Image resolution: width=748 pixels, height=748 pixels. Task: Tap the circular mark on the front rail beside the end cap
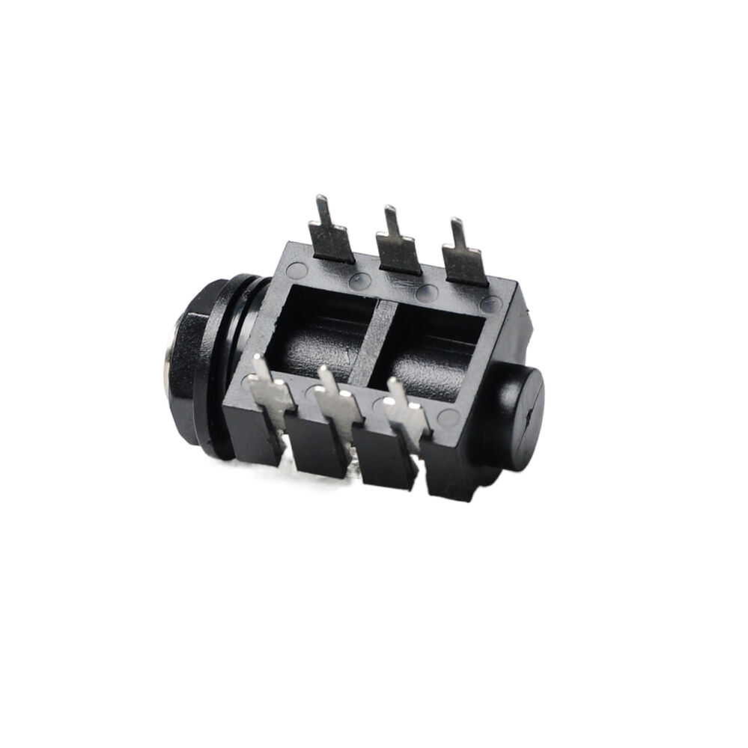448,418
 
